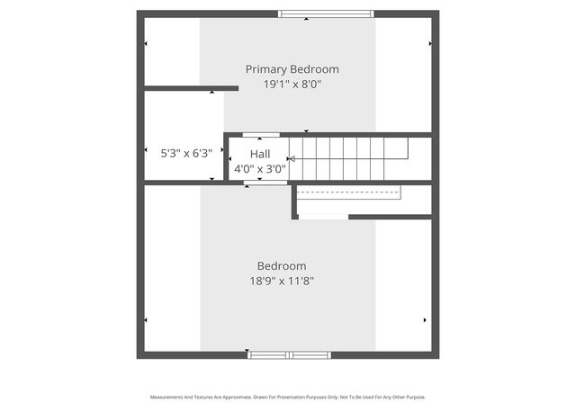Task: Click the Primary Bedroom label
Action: (x=292, y=69)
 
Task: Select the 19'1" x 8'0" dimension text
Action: (x=292, y=85)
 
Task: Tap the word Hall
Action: (x=259, y=154)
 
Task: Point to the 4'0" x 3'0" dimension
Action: (x=259, y=168)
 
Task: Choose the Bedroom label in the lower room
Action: (x=282, y=266)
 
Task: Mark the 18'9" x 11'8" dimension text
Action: (x=282, y=281)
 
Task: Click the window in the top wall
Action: (x=326, y=13)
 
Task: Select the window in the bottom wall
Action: (x=290, y=355)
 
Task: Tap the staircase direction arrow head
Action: (x=291, y=159)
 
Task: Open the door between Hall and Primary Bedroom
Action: (x=261, y=135)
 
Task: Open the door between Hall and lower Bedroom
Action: (x=265, y=183)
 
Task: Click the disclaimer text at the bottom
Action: (x=287, y=397)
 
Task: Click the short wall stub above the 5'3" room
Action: (x=191, y=88)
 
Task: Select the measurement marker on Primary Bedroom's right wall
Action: (x=430, y=43)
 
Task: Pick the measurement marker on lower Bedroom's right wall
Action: (x=425, y=319)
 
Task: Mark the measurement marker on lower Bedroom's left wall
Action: (x=146, y=319)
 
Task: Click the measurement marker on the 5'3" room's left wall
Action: (x=146, y=150)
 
